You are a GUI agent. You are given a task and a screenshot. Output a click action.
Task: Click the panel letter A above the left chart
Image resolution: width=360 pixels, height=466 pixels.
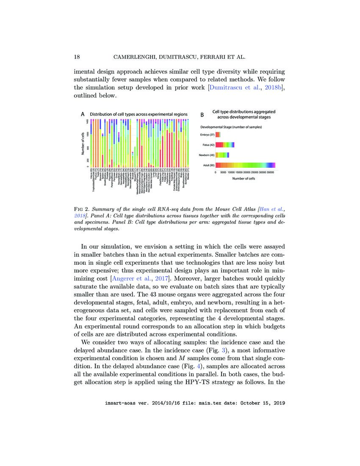(x=83, y=114)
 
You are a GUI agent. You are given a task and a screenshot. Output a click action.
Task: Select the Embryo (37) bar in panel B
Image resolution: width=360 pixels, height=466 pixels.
(x=218, y=135)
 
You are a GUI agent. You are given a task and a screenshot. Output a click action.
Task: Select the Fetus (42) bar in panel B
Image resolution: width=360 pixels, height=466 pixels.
(x=225, y=145)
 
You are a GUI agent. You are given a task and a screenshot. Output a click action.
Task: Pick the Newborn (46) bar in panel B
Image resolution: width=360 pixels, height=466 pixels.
(x=222, y=155)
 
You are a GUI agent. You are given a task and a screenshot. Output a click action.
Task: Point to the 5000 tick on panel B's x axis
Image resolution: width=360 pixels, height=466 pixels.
(x=224, y=172)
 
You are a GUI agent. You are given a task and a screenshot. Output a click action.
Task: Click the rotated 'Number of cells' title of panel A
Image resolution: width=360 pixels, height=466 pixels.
(x=83, y=143)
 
